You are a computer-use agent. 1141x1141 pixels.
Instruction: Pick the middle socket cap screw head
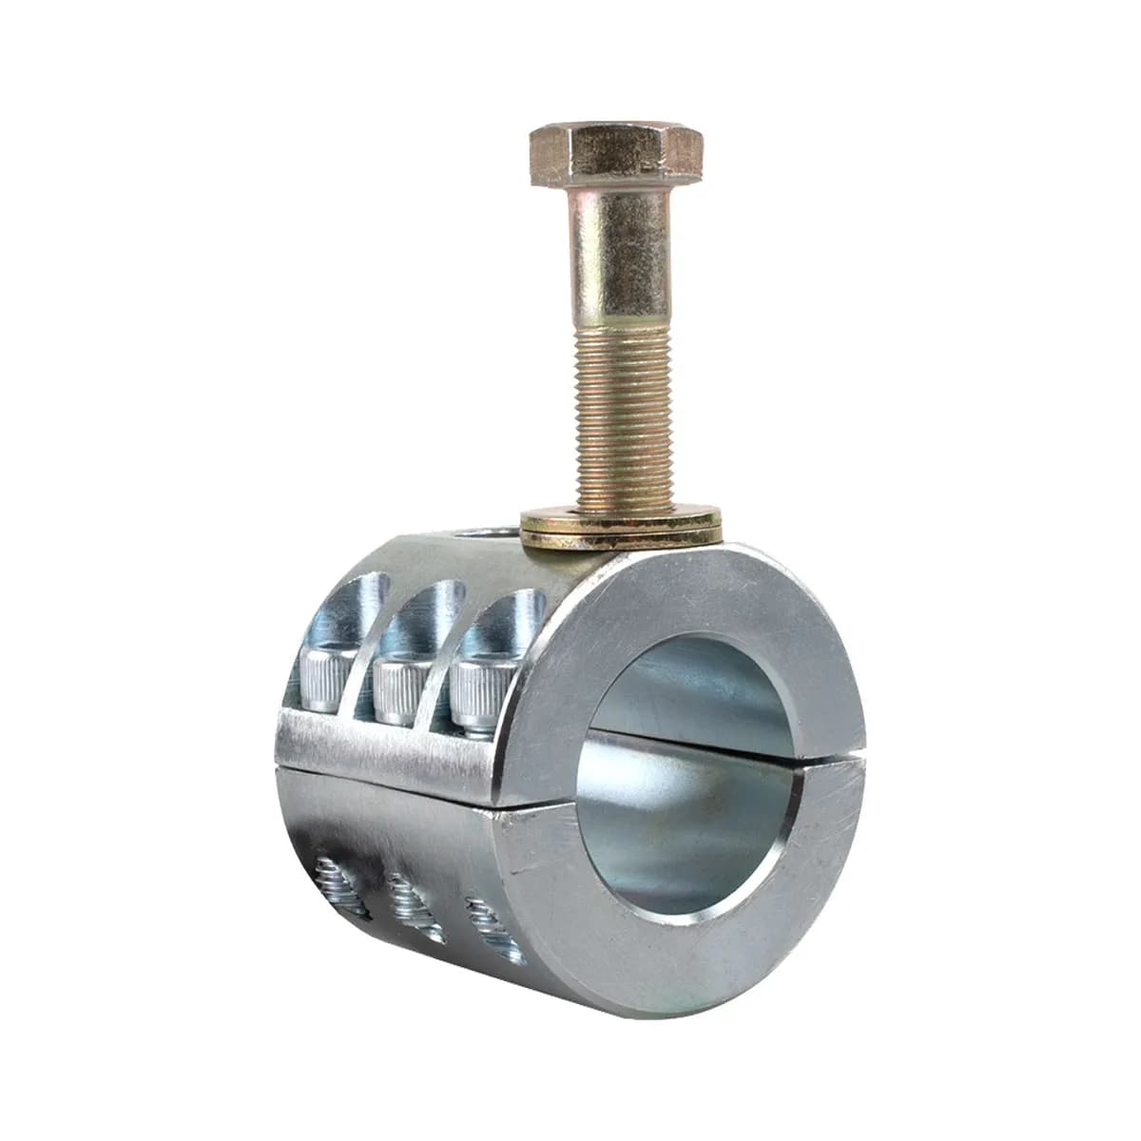(x=398, y=687)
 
